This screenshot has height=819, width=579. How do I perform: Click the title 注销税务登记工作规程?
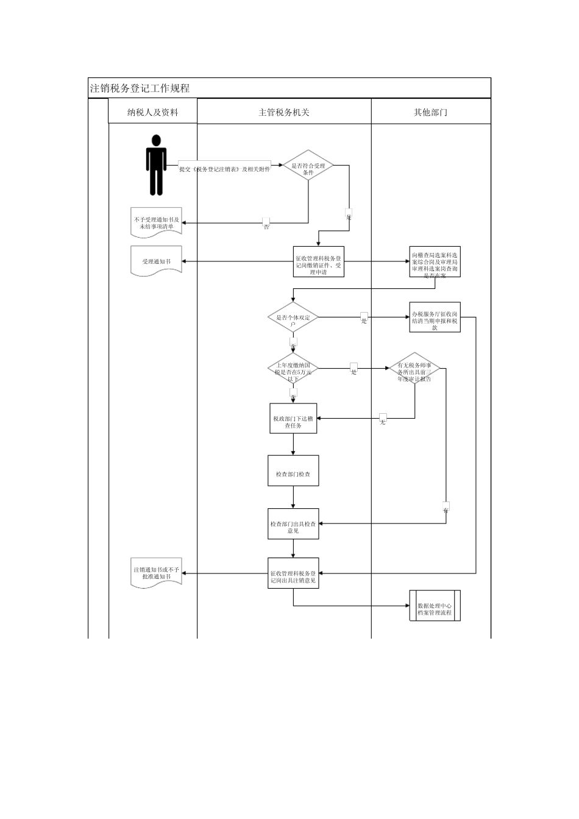tap(140, 88)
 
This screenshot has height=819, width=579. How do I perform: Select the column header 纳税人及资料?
tap(152, 112)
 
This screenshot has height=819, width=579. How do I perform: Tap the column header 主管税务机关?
tap(284, 112)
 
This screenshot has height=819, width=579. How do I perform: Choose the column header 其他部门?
tap(430, 112)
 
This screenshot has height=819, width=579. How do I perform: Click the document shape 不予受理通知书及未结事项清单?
tap(157, 223)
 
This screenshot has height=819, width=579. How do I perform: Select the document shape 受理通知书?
tap(157, 261)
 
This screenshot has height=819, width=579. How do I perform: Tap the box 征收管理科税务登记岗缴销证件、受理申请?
tap(319, 261)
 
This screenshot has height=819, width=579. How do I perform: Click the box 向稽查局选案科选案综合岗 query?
tap(435, 262)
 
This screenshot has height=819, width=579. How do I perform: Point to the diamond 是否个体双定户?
tap(293, 317)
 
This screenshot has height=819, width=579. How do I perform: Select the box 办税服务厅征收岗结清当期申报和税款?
tap(435, 317)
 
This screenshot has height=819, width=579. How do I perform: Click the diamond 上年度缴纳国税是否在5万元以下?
tap(293, 369)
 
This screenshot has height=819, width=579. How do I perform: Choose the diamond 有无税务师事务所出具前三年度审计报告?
tap(415, 369)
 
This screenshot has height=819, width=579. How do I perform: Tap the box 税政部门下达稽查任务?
tap(293, 419)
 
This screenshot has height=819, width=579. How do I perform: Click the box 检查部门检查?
tap(293, 470)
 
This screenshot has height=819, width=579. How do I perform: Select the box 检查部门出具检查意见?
tap(293, 524)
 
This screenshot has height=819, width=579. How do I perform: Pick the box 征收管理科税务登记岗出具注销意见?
tap(293, 573)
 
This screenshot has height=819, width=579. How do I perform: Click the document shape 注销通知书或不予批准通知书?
tap(157, 573)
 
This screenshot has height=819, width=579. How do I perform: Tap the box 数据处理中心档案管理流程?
tap(435, 606)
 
